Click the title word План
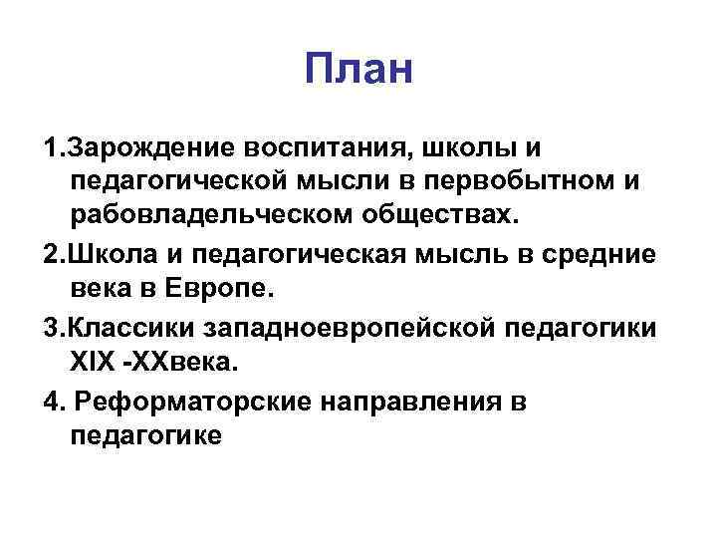358,72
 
